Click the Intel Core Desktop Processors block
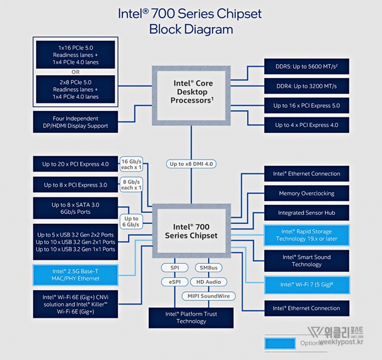tap(191, 92)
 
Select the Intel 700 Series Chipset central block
tap(191, 230)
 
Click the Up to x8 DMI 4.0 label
tap(192, 164)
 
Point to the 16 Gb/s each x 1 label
tap(131, 164)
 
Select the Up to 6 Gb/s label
tap(130, 221)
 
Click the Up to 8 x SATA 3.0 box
tap(75, 208)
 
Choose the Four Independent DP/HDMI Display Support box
tap(75, 122)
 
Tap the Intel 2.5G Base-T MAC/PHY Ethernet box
tap(75, 275)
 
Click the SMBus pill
tap(208, 268)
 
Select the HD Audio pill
tap(208, 282)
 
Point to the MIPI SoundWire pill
tap(208, 296)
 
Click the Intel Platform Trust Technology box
tap(191, 317)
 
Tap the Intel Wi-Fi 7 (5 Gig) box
tap(307, 284)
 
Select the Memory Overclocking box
tap(307, 194)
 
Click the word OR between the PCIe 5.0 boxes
tap(75, 72)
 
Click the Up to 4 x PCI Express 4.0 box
tap(307, 125)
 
